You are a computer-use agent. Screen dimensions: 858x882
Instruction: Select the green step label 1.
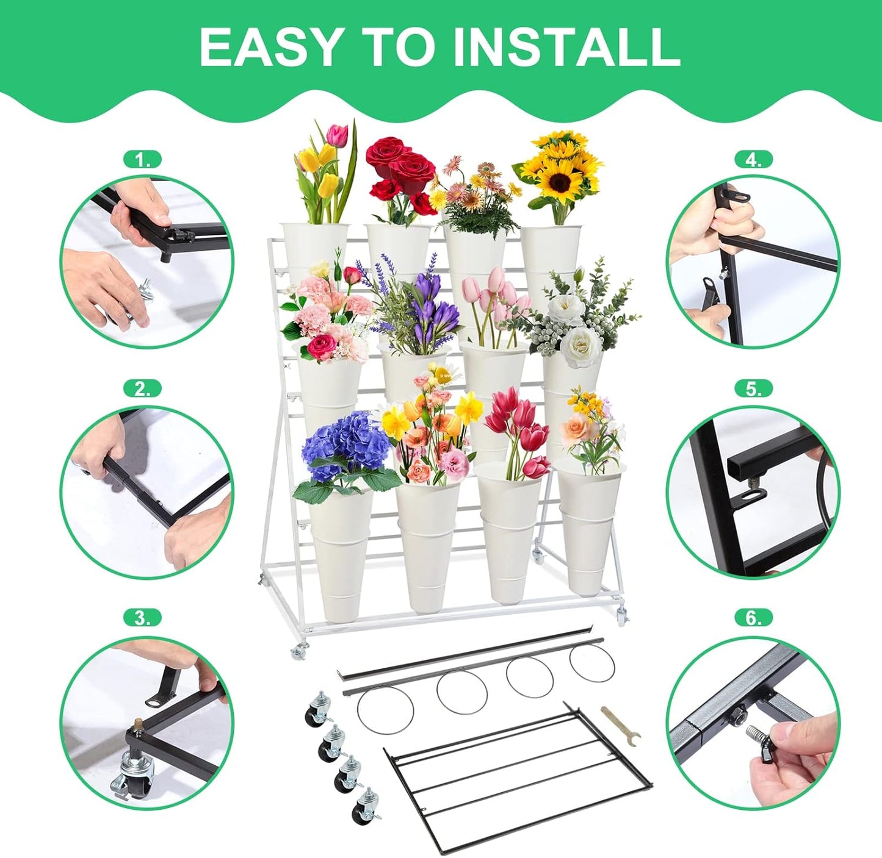[142, 160]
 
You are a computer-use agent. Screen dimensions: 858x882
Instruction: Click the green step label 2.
[142, 388]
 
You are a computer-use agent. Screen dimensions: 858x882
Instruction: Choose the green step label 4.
[753, 160]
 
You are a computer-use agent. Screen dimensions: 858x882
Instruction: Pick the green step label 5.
[753, 388]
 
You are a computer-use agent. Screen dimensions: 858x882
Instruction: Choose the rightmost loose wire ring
[590, 663]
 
